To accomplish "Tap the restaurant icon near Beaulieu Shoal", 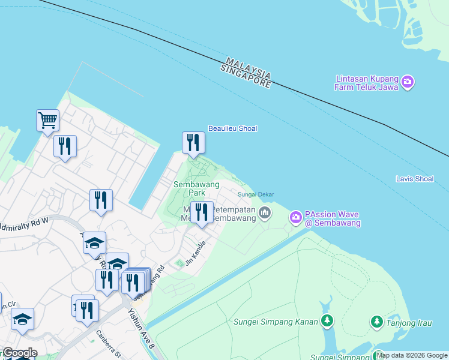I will pos(193,142).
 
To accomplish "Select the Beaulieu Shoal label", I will pos(232,128).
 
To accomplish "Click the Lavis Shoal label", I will pos(415,179).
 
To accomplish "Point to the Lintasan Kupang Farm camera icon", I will pos(408,82).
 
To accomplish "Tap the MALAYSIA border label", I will pos(249,68).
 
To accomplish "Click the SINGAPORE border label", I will pos(246,77).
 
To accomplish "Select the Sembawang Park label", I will pos(196,188).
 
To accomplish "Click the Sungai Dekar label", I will pos(256,194).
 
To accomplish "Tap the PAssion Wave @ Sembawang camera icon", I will pos(296,218).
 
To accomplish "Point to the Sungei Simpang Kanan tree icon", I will pos(327,322).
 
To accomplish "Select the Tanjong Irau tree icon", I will pos(376,322).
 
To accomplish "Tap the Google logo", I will pos(20,353).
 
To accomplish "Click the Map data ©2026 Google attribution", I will pos(412,355).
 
